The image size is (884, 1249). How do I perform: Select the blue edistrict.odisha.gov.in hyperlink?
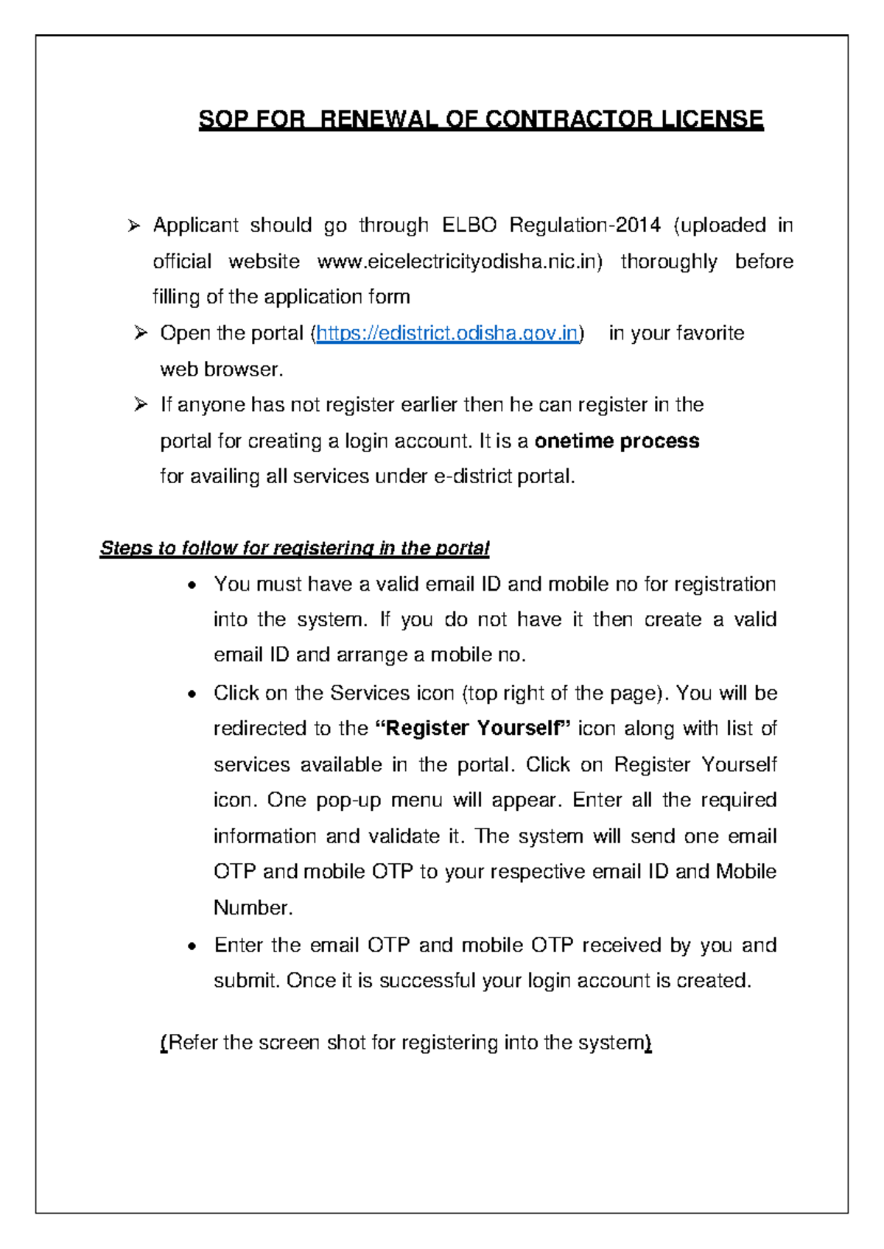pos(447,334)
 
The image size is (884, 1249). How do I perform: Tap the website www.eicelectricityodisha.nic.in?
pos(459,261)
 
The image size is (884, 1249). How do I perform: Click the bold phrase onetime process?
pos(617,441)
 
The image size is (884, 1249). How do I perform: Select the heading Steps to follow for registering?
pos(294,549)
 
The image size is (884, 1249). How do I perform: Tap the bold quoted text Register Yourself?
pos(473,729)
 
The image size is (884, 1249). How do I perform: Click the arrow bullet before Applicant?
pos(133,226)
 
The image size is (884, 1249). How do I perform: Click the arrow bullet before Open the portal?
pos(141,334)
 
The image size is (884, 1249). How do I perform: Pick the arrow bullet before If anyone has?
pos(141,405)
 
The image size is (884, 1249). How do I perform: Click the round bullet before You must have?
pos(192,586)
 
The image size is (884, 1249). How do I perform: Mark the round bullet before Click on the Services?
pos(192,694)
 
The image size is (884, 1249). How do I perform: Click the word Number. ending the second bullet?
pos(253,908)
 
